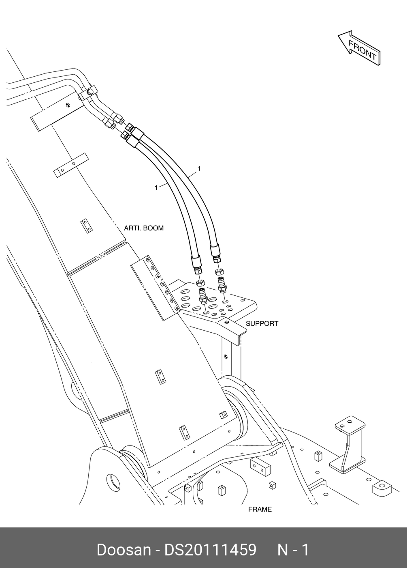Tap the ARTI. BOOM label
[x=144, y=228]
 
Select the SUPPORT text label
[x=262, y=324]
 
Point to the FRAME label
[x=260, y=509]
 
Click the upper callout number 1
[x=199, y=168]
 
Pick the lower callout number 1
[x=156, y=187]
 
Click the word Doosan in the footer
[x=123, y=550]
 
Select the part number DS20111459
[x=210, y=550]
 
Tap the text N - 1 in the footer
[x=293, y=550]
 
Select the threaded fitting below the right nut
[x=222, y=285]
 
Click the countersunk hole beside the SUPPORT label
[x=226, y=322]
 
